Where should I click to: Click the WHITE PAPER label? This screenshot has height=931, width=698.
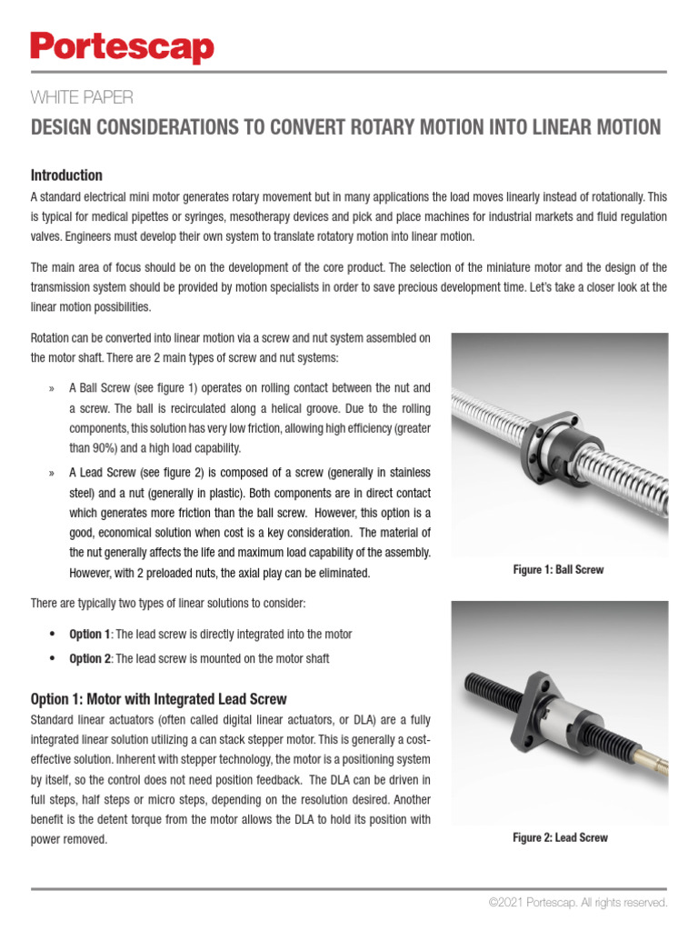83,97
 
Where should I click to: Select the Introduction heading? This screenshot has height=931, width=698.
66,175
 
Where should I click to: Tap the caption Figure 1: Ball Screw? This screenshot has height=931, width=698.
558,570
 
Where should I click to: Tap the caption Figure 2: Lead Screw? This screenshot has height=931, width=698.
560,837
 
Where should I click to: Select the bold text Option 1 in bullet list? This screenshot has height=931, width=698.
90,634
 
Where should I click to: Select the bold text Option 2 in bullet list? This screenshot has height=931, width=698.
90,658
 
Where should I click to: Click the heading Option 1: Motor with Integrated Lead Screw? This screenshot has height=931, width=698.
159,699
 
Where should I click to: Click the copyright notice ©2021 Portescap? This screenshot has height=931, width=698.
577,903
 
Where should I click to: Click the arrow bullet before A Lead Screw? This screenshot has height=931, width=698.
51,474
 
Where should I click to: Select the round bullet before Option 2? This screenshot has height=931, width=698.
52,658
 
